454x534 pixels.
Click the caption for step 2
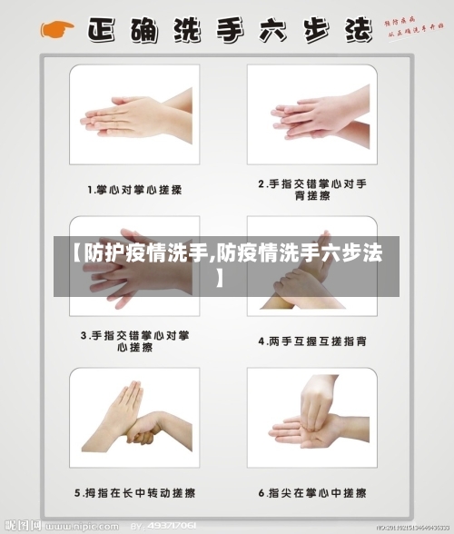[x=311, y=189]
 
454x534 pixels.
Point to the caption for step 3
[x=134, y=341]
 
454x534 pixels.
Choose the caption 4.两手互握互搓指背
[x=311, y=341]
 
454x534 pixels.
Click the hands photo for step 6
[x=311, y=419]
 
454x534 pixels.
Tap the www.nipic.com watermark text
[x=86, y=526]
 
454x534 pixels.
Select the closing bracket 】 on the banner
[x=220, y=273]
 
